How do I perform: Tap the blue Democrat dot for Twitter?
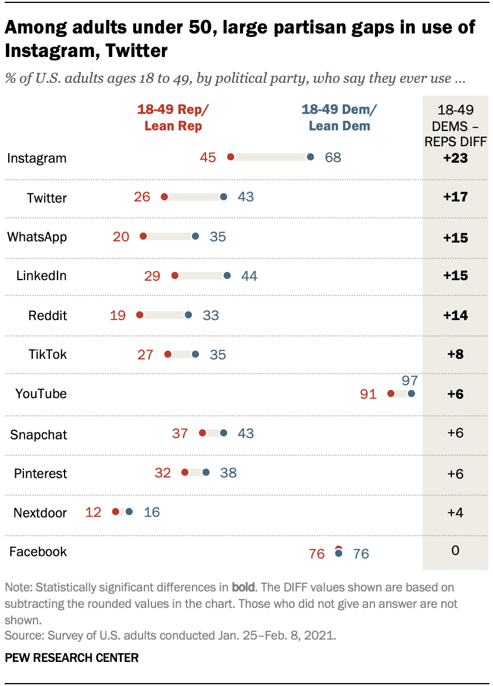click(x=224, y=197)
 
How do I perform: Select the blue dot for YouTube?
click(x=411, y=394)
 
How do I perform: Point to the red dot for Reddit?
click(x=140, y=315)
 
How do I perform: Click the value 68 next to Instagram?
click(x=333, y=157)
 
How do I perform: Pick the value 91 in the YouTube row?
click(x=368, y=394)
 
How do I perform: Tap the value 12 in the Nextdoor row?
click(x=93, y=512)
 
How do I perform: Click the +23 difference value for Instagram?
click(x=455, y=158)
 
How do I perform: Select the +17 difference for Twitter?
click(x=455, y=197)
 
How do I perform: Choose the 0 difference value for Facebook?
click(x=455, y=551)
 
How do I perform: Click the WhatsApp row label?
click(x=37, y=237)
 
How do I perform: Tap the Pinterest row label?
click(x=40, y=473)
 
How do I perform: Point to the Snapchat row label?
click(x=39, y=435)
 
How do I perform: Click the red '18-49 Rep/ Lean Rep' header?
click(x=173, y=117)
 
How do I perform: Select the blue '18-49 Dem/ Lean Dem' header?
click(x=339, y=117)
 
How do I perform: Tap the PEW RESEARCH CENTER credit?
click(x=72, y=657)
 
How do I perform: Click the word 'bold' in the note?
click(x=244, y=587)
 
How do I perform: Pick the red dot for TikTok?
click(x=168, y=354)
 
